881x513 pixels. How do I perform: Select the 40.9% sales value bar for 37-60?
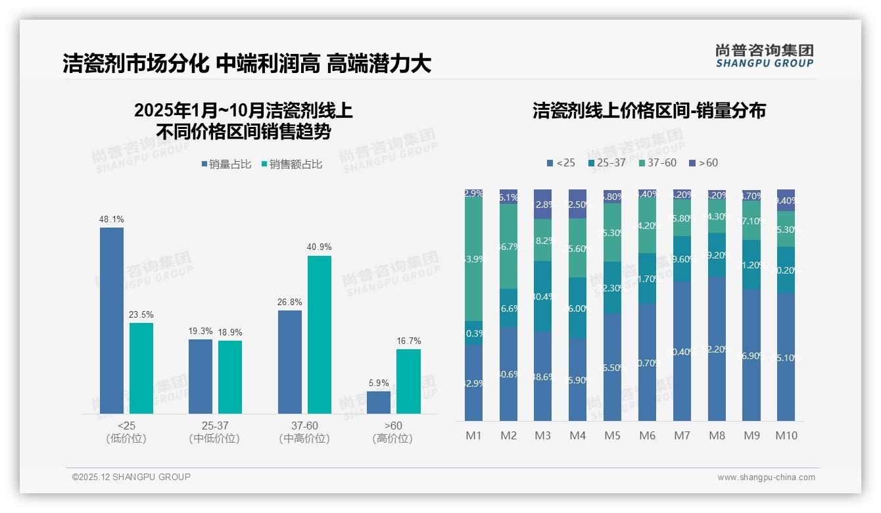click(320, 335)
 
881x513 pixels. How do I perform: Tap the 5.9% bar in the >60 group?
click(379, 403)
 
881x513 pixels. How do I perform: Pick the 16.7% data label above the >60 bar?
click(408, 341)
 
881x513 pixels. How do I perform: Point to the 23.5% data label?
click(141, 314)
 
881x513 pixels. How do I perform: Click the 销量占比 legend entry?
click(226, 164)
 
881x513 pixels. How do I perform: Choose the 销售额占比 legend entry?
click(291, 164)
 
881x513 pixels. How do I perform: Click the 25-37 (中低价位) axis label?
click(214, 432)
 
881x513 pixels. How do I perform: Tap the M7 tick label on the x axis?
click(682, 435)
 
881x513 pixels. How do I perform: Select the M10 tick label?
click(786, 435)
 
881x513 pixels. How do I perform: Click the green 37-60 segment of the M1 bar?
click(473, 259)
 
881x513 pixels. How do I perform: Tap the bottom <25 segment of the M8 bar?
click(717, 349)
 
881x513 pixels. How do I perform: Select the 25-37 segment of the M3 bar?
click(542, 296)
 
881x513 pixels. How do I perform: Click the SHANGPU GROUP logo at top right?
click(764, 56)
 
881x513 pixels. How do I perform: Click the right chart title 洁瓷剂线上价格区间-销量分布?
click(649, 110)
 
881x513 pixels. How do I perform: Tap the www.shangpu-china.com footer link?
click(766, 477)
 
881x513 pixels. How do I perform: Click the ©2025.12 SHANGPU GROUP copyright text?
click(131, 477)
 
